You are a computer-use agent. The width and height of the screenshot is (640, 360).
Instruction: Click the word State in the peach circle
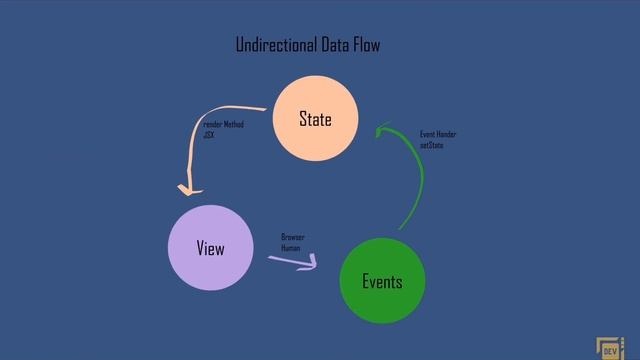click(315, 119)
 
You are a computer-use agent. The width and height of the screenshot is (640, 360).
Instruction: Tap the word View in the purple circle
click(210, 248)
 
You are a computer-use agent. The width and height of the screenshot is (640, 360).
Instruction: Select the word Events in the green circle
click(382, 281)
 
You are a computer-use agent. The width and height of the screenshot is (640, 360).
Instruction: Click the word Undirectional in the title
click(276, 45)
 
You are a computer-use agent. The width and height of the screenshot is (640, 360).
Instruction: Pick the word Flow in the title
click(366, 45)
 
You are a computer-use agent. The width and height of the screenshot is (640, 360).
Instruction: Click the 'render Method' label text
click(223, 125)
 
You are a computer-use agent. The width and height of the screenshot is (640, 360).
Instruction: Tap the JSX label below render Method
click(208, 134)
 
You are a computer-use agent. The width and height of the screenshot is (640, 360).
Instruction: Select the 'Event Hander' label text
click(438, 134)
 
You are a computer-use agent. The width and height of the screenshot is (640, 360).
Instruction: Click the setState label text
click(432, 145)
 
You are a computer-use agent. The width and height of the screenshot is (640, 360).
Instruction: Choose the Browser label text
click(292, 237)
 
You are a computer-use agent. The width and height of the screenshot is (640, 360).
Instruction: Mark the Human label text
click(290, 247)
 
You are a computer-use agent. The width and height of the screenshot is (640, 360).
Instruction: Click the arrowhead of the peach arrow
click(186, 189)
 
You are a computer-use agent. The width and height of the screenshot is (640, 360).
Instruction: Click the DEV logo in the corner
click(609, 349)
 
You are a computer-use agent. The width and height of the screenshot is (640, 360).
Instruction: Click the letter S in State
click(303, 119)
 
